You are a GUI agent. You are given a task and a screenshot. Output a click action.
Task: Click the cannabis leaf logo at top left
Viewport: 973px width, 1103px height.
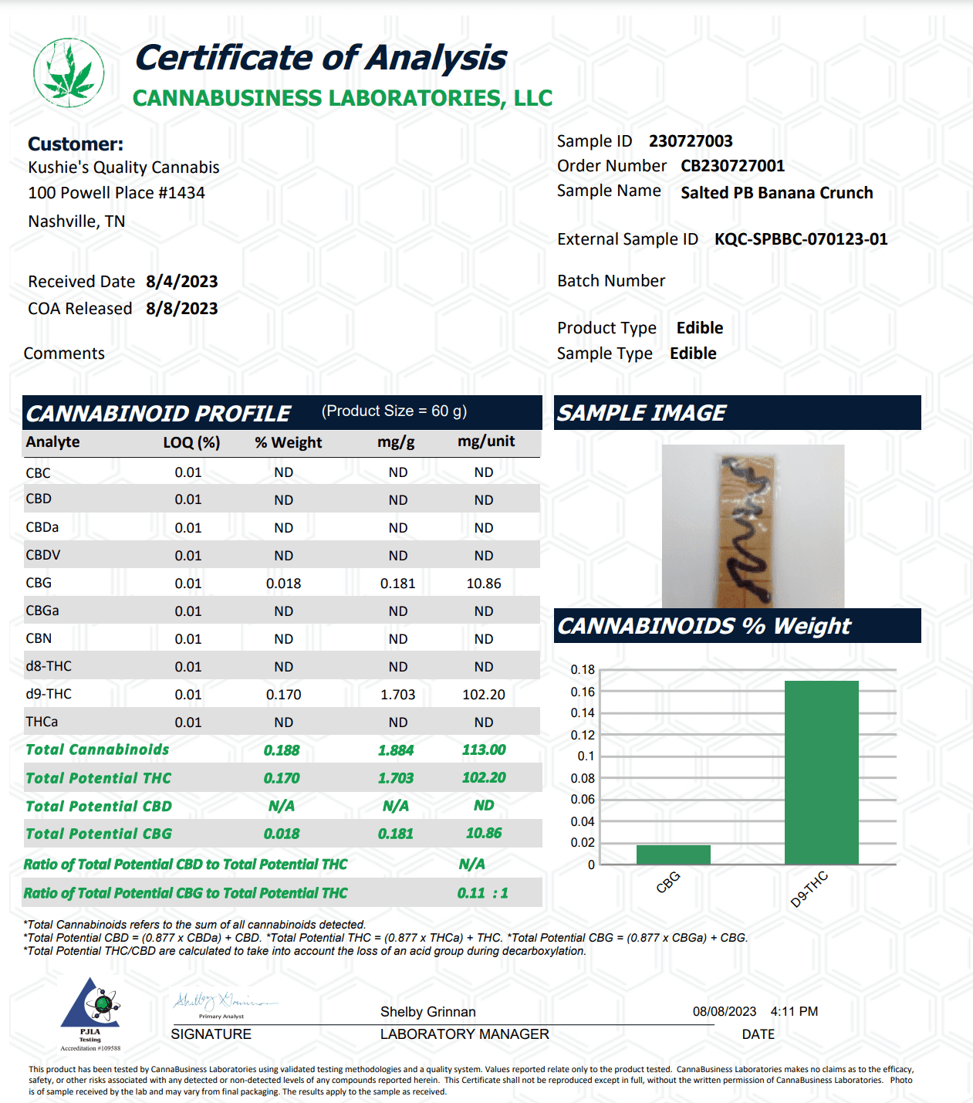tap(69, 73)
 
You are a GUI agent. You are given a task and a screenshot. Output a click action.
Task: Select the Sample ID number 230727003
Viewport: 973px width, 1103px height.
tap(690, 141)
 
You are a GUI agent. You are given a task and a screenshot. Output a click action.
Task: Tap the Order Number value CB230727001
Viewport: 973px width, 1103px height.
tap(732, 166)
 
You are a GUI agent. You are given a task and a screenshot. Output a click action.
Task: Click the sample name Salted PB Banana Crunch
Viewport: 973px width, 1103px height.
tap(776, 193)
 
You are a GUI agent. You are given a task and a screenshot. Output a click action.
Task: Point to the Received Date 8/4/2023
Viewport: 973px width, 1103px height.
tap(181, 282)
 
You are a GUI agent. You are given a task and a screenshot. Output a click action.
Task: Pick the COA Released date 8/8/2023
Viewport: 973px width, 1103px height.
tap(181, 309)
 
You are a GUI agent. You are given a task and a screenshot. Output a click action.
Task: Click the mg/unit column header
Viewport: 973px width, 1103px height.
tap(486, 442)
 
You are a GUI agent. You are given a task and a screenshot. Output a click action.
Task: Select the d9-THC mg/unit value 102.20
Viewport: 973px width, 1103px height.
tap(484, 695)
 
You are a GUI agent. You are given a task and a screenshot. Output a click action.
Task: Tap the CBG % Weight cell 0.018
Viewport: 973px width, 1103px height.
tap(283, 584)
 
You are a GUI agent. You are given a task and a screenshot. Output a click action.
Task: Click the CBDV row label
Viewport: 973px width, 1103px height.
tap(43, 555)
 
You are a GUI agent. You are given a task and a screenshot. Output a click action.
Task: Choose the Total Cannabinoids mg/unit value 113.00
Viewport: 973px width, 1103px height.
tap(484, 750)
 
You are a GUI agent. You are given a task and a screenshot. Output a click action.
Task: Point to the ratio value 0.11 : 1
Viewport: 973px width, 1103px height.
tap(482, 893)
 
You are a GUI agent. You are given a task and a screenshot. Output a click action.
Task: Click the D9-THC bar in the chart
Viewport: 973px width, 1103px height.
tap(821, 772)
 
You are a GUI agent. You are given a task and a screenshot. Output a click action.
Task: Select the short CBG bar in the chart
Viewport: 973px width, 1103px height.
tap(673, 854)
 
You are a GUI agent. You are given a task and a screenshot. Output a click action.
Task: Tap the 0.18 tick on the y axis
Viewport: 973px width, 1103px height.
tap(583, 670)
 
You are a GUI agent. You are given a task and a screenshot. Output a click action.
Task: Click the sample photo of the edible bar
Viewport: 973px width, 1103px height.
tap(752, 526)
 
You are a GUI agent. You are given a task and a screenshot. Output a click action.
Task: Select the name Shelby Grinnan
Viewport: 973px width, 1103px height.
tap(427, 1012)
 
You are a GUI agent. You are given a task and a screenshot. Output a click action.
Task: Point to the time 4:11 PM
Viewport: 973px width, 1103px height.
tap(794, 1012)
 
